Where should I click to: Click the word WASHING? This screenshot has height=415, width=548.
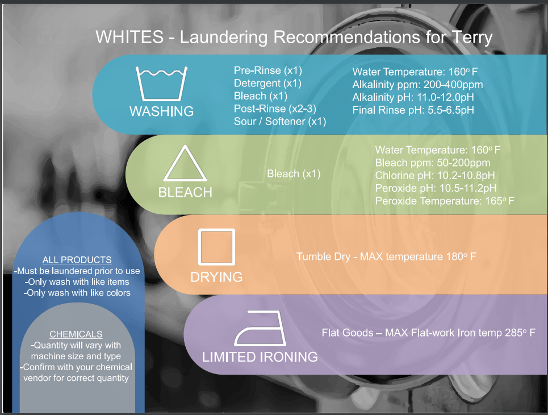pos(161,111)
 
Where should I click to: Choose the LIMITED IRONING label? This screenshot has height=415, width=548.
pos(260,357)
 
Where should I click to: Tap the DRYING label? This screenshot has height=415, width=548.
pos(216,277)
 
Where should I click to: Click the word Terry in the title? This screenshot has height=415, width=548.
pos(472,38)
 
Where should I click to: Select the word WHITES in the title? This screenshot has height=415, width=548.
pos(129,37)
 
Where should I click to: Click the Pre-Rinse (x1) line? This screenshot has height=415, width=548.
pos(267,70)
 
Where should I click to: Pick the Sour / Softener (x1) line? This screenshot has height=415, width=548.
pos(280,122)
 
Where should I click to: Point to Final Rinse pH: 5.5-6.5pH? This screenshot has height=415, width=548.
pos(413,110)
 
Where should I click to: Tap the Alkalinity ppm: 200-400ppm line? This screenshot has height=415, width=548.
pos(417,85)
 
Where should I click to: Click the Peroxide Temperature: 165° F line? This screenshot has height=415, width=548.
pos(445,201)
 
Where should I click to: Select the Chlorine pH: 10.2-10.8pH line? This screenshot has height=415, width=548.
pos(435,176)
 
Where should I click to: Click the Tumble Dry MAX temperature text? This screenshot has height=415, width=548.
pos(386,257)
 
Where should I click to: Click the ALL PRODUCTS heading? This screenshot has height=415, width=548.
pos(77,260)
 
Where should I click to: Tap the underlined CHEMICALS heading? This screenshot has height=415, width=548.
pos(76,334)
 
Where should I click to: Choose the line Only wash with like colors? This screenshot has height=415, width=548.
pos(77,293)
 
